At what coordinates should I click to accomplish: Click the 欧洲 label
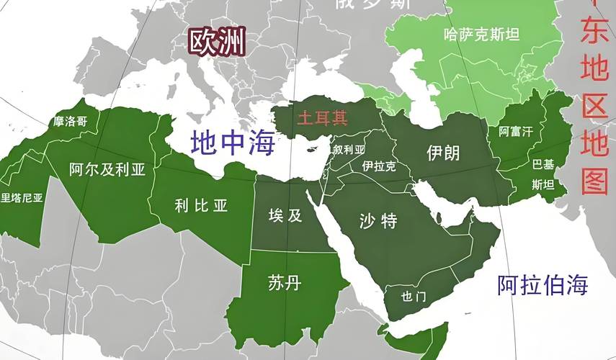[x=217, y=42]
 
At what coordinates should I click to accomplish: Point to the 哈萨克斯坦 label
[x=481, y=34]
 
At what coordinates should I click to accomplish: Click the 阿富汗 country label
[x=516, y=132]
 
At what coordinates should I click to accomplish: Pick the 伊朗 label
[x=443, y=153]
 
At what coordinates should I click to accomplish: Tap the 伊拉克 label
[x=378, y=166]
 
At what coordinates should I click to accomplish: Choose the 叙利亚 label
[x=349, y=150]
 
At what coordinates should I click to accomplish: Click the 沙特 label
[x=378, y=220]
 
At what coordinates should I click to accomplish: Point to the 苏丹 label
[x=283, y=283]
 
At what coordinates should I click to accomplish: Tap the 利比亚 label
[x=200, y=205]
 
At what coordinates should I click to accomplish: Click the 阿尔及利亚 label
[x=107, y=169]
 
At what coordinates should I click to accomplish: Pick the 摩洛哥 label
[x=70, y=122]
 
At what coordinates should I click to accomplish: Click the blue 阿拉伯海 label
[x=543, y=284]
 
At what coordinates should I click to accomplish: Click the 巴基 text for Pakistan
[x=543, y=163]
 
